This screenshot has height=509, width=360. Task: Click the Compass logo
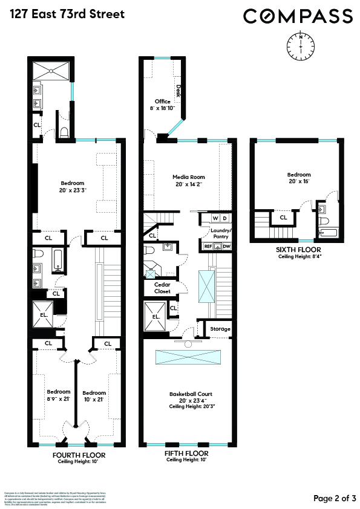pyautogui.click(x=298, y=16)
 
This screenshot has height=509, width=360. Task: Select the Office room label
pyautogui.click(x=163, y=102)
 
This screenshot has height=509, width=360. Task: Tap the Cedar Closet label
pyautogui.click(x=163, y=288)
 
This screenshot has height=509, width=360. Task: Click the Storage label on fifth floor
pyautogui.click(x=220, y=329)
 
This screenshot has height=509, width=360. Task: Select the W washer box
pyautogui.click(x=213, y=218)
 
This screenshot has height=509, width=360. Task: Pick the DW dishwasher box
pyautogui.click(x=226, y=246)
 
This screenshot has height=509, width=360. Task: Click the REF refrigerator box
pyautogui.click(x=208, y=246)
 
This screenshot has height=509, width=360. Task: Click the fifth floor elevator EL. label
pyautogui.click(x=155, y=316)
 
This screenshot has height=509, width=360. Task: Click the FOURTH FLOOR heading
pyautogui.click(x=79, y=455)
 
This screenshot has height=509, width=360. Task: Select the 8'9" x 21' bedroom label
pyautogui.click(x=59, y=394)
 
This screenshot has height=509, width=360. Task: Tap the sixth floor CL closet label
pyautogui.click(x=283, y=218)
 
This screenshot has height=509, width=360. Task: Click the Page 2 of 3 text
pyautogui.click(x=335, y=498)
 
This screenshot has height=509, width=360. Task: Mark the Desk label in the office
pyautogui.click(x=178, y=91)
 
